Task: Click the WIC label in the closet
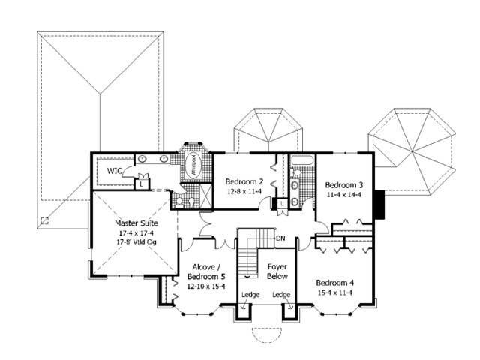coord(114,171)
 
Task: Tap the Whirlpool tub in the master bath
coord(193,166)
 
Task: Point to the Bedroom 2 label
coord(244,181)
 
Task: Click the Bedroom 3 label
coord(343,186)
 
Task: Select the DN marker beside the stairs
coord(280,239)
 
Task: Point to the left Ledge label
coord(250,295)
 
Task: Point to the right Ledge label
coord(282,295)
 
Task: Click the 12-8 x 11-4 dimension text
coord(244,191)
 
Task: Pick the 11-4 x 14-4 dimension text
coord(343,196)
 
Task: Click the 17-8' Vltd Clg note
coord(133,243)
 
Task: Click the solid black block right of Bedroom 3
coord(379,202)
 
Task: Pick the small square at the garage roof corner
coord(46,220)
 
